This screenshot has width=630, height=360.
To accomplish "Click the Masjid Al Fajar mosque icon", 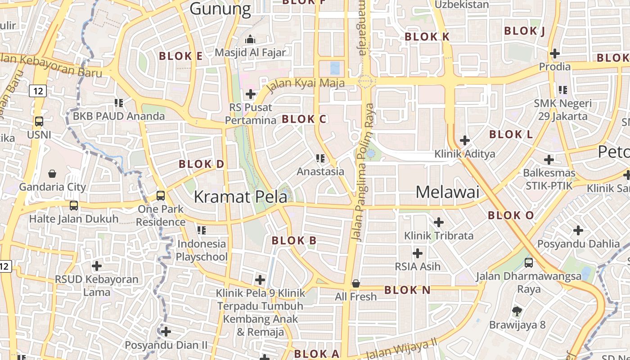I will tap(250, 40).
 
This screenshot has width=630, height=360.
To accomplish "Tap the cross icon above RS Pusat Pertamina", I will tap(251, 94).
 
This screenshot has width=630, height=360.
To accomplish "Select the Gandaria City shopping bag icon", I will tap(52, 174).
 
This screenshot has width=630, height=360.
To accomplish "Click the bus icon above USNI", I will tap(39, 121).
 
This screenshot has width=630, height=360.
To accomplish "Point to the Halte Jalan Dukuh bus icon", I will tap(74, 206).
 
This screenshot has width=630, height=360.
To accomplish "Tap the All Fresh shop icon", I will tap(356, 283).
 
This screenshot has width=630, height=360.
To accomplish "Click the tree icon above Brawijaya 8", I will tap(517, 311).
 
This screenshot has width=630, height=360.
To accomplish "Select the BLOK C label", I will tap(304, 119).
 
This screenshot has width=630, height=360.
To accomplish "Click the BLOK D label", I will tap(202, 164).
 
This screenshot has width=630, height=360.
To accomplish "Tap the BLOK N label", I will tap(408, 290).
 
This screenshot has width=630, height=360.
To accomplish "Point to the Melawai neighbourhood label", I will tap(447, 192).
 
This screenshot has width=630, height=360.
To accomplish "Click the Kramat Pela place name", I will tap(240, 197).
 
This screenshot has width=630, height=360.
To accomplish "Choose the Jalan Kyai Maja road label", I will tap(306, 84).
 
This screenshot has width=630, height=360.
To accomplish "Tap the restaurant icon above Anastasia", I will tap(320, 158).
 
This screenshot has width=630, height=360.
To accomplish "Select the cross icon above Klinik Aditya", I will tap(465, 140).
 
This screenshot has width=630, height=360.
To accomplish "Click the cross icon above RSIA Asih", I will tap(418, 253).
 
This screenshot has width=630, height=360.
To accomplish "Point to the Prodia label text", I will tap(555, 67).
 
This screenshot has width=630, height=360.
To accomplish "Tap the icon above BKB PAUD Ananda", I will tap(119, 103).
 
